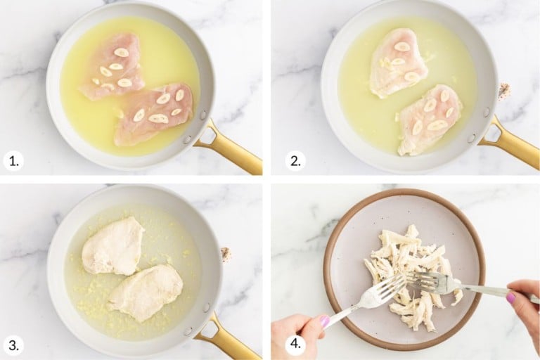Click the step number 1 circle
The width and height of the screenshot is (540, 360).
pos(13,161)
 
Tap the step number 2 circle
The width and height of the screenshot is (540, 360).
pos(295,161)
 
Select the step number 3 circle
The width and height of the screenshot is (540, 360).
pos(13,345)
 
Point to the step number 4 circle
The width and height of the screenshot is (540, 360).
pos(295,345)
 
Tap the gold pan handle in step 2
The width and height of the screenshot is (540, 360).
pos(514,144)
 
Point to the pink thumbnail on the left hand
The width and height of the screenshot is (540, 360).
pos(324,321)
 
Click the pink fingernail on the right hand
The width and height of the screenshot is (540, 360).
pos(510,297)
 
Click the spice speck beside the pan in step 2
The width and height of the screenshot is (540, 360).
pos(503,90)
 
